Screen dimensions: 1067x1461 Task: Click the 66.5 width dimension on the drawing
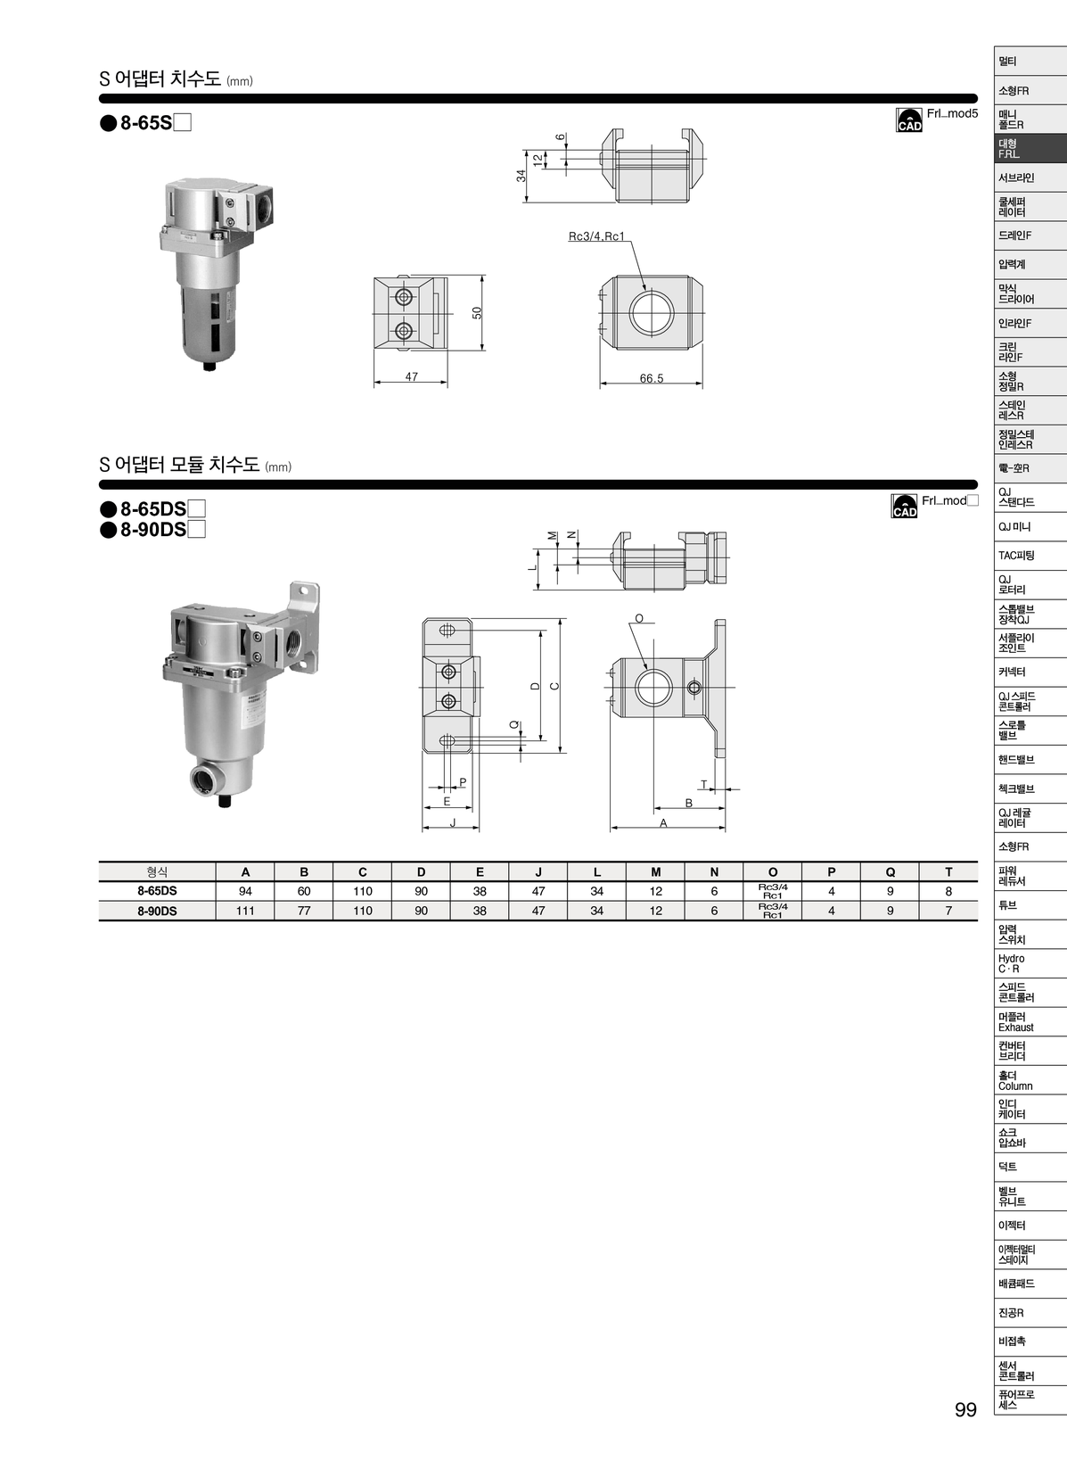coord(651,378)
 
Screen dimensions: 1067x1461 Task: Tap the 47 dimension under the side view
coord(411,376)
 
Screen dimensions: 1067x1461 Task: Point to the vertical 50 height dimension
coord(477,312)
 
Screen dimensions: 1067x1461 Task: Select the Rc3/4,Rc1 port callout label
coord(596,236)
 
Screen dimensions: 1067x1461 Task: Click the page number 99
coord(965,1410)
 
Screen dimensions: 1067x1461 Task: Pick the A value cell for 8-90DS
coord(245,912)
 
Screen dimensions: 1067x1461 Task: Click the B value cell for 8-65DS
coord(304,891)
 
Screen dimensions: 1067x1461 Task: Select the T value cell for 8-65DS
coord(948,891)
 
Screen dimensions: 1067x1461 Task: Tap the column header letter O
coord(773,872)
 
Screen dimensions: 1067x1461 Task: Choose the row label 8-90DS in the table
coord(157,912)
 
